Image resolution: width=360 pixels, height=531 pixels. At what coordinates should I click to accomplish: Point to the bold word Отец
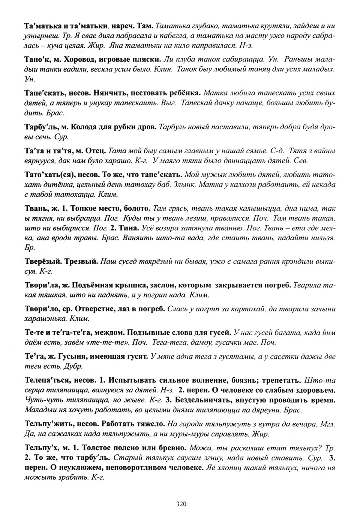[97, 151]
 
